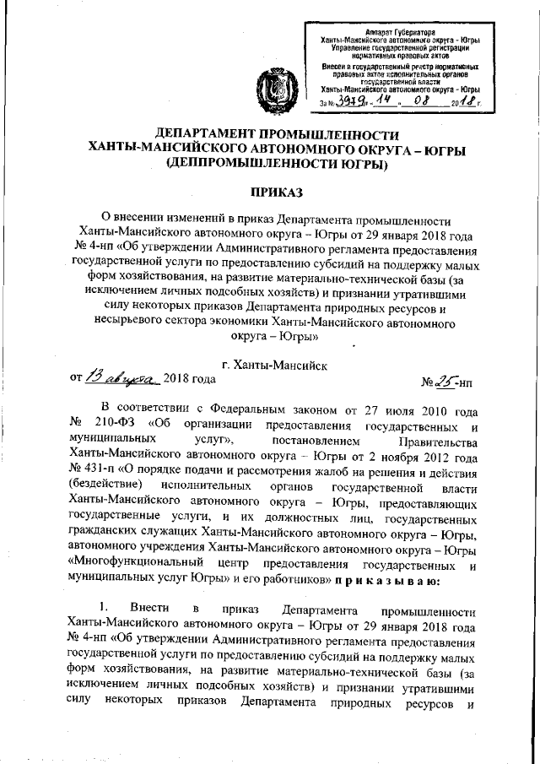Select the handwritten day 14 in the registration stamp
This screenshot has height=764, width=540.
click(383, 102)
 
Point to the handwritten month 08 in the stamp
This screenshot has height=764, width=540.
click(418, 102)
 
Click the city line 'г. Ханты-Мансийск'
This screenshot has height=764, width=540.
click(270, 364)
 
